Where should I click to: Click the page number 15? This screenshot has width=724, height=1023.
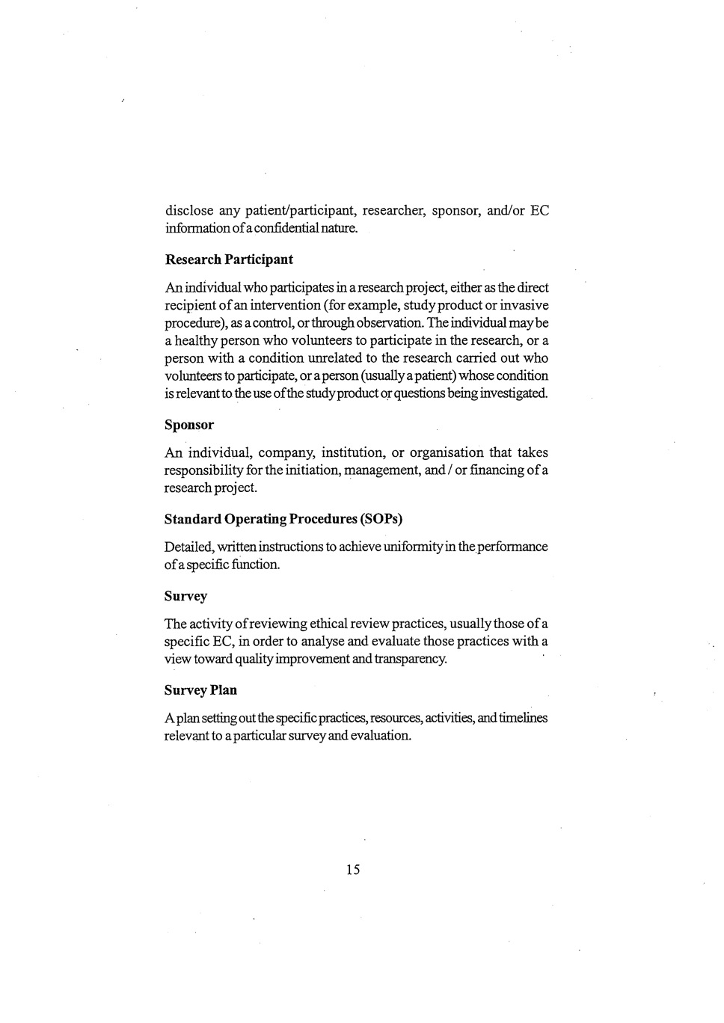pyautogui.click(x=353, y=869)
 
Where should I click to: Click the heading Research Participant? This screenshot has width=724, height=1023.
pyautogui.click(x=228, y=259)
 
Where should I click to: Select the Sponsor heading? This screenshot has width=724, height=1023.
pyautogui.click(x=189, y=425)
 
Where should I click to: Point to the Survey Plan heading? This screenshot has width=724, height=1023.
pyautogui.click(x=200, y=690)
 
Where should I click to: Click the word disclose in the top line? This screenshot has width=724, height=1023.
pyautogui.click(x=188, y=210)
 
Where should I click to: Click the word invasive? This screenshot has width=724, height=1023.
pyautogui.click(x=524, y=305)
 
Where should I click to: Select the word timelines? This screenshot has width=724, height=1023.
pyautogui.click(x=524, y=718)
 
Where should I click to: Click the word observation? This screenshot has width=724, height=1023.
pyautogui.click(x=386, y=323)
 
